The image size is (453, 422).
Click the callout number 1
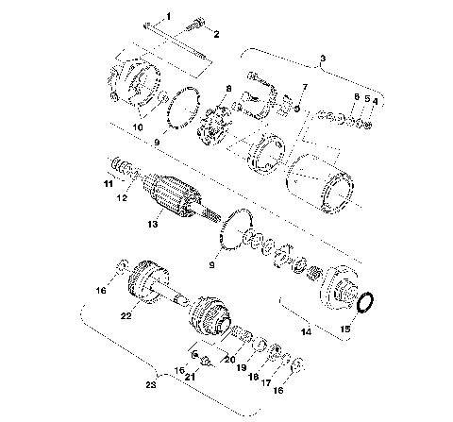[170, 16]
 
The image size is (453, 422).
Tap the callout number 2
[216, 35]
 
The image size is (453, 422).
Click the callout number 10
[138, 126]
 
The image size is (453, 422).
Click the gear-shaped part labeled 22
[147, 282]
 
